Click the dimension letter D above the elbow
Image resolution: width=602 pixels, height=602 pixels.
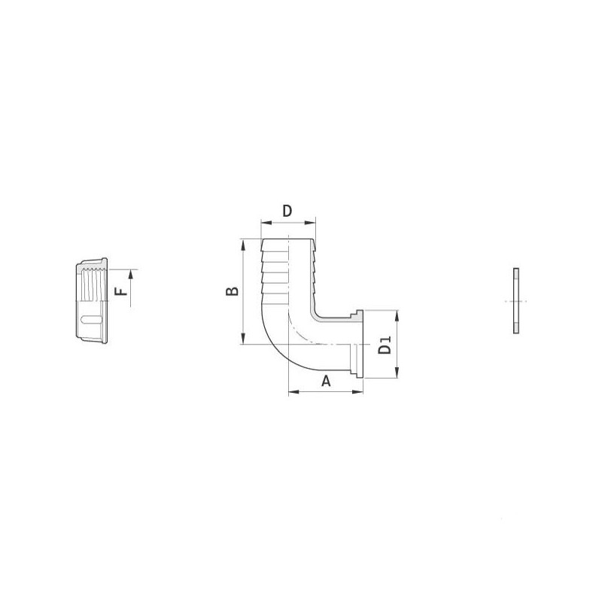click(x=287, y=211)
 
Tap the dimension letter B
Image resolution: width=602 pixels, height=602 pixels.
click(x=233, y=291)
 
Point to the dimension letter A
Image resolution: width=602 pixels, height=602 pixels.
click(x=326, y=381)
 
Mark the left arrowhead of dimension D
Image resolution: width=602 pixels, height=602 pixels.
click(x=263, y=223)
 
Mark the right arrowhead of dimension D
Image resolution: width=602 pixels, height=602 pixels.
click(x=313, y=223)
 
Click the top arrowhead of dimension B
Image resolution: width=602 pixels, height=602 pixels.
click(x=242, y=243)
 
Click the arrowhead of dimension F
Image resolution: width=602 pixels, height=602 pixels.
click(x=130, y=273)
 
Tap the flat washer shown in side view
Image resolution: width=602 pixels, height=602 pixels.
click(x=515, y=301)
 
